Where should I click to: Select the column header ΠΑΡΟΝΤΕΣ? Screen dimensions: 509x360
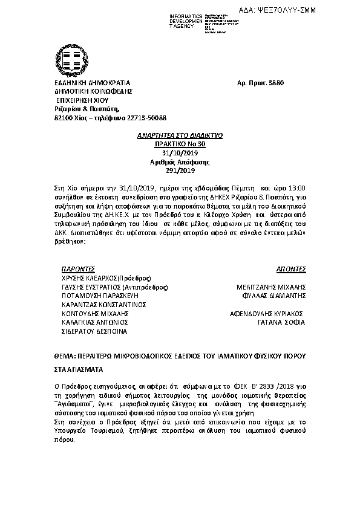79,268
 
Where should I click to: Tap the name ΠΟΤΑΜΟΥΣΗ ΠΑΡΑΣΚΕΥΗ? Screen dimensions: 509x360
100,296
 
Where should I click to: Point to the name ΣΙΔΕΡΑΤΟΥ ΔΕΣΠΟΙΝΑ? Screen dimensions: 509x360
94,331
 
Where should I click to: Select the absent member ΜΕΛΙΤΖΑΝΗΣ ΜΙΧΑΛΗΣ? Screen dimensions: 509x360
271,287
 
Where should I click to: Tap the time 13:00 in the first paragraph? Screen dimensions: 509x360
296,188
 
